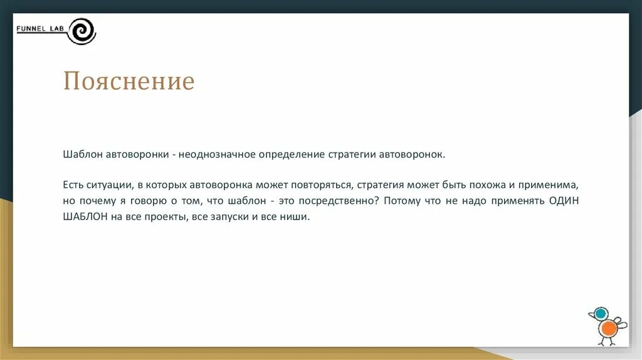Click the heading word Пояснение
129,82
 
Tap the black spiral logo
82,31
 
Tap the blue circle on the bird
600,314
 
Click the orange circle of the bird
607,329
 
